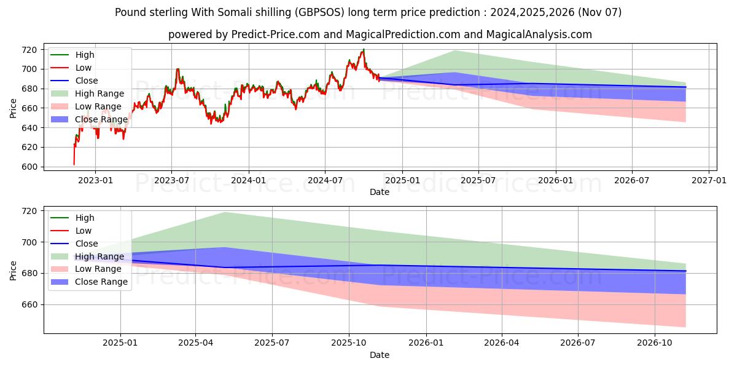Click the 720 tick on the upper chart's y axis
pyautogui.click(x=29, y=50)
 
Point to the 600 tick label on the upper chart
pyautogui.click(x=29, y=167)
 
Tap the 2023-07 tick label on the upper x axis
pyautogui.click(x=171, y=181)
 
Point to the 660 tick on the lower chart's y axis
pyautogui.click(x=29, y=305)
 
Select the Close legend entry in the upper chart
pyautogui.click(x=86, y=81)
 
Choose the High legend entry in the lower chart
pyautogui.click(x=85, y=218)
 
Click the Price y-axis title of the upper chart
pyautogui.click(x=14, y=108)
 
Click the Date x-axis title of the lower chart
pyautogui.click(x=380, y=355)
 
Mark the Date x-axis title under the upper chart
pyautogui.click(x=380, y=192)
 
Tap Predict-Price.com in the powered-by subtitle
pyautogui.click(x=275, y=34)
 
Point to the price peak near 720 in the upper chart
pyautogui.click(x=364, y=49)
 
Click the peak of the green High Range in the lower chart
pyautogui.click(x=225, y=212)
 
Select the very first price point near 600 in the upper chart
pyautogui.click(x=74, y=164)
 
